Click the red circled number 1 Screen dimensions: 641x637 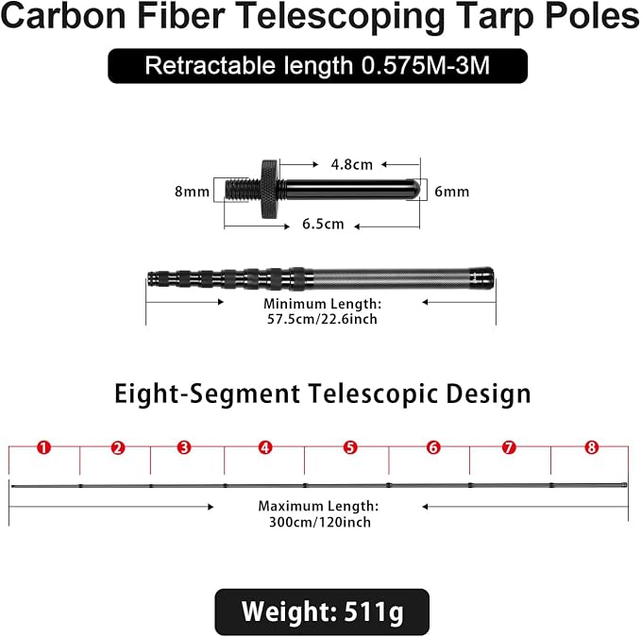pos(43,447)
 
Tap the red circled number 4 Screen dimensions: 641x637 pos(265,447)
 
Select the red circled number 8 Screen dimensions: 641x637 pos(592,447)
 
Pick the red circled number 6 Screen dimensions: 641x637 pos(433,447)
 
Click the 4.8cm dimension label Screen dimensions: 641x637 pos(351,164)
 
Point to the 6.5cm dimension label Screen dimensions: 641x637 pos(323,224)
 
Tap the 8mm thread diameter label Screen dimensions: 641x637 pos(192,192)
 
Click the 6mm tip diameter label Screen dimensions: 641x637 pos(452,192)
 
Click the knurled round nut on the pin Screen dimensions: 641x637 pos(270,189)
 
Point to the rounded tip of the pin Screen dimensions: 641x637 pos(413,189)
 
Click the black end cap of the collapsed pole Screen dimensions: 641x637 pos(481,278)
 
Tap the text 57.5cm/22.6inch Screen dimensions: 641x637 pos(322,319)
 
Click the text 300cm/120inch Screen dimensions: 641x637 pos(320,522)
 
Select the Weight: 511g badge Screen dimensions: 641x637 pos(322,612)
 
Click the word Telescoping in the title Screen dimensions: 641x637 pos(340,17)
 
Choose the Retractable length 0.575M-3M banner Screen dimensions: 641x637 pos(317,66)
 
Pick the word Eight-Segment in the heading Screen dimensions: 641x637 pos(208,394)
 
